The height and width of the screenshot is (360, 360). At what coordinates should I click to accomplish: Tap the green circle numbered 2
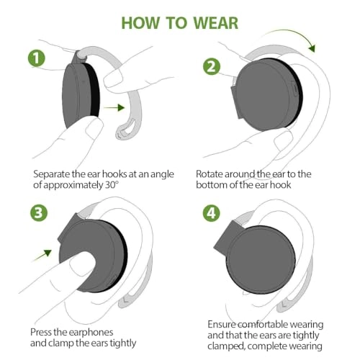[210, 67]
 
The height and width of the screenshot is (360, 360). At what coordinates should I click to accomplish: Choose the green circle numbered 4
[211, 214]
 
